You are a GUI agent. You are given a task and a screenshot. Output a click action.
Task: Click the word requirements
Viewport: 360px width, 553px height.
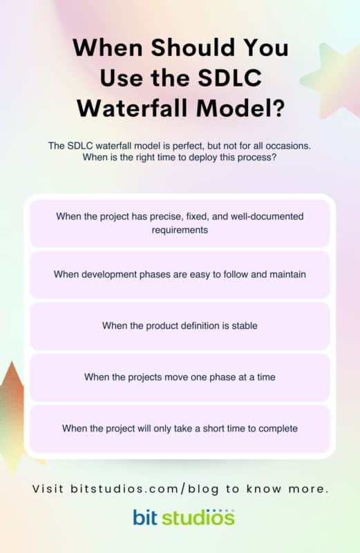coord(180,229)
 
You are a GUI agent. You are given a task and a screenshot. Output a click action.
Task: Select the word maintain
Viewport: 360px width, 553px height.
coord(285,274)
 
